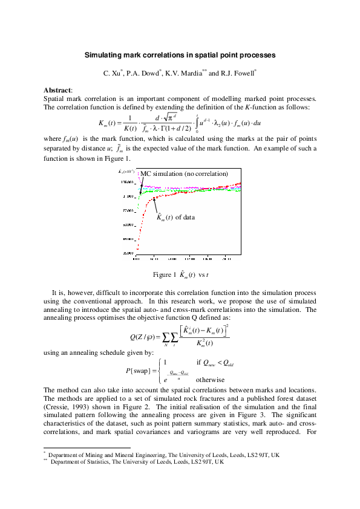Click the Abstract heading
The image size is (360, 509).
57,90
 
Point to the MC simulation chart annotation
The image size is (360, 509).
185,174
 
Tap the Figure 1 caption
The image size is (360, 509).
180,274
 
